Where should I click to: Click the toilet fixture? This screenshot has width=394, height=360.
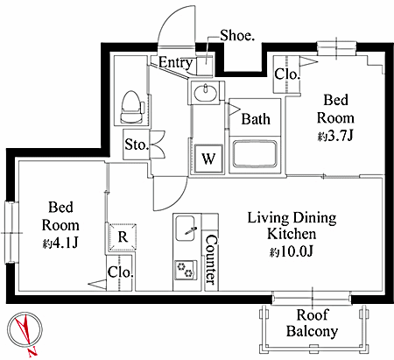[x=133, y=107]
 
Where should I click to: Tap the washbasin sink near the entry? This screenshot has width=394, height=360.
[x=206, y=93]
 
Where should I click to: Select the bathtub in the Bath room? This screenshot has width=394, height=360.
[x=255, y=155]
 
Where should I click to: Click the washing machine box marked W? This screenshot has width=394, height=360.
[x=208, y=159]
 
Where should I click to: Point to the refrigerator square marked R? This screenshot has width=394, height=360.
[x=123, y=237]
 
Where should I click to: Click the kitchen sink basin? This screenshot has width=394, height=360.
[x=185, y=229]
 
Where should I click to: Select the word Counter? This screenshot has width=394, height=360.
[x=211, y=259]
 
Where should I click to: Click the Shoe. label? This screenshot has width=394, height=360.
[x=237, y=36]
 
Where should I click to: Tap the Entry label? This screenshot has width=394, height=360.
[x=176, y=62]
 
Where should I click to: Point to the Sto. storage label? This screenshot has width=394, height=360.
[x=136, y=145]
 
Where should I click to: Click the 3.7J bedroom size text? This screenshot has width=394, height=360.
[x=335, y=136]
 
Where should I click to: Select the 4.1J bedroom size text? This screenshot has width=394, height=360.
[x=60, y=243]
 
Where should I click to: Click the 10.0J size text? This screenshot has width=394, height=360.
[x=292, y=251]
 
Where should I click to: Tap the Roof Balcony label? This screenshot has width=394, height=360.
[x=312, y=323]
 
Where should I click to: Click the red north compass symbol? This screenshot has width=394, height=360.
[x=25, y=332]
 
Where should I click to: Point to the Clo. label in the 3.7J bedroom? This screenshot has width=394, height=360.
[x=287, y=74]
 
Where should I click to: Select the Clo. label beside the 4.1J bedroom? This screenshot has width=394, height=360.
[x=120, y=272]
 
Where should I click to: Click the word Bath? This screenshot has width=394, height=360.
[x=256, y=119]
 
